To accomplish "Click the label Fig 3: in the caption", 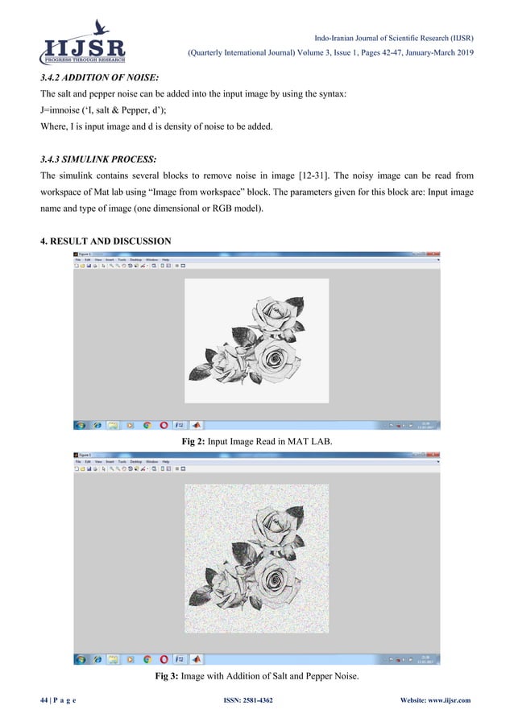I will (x=168, y=677).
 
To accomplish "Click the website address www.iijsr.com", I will (x=444, y=700).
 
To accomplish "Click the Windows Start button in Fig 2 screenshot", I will (x=81, y=424).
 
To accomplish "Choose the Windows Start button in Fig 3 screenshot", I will (x=81, y=659).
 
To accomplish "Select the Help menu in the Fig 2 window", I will (x=165, y=260).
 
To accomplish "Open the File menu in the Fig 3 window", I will (x=78, y=461).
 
